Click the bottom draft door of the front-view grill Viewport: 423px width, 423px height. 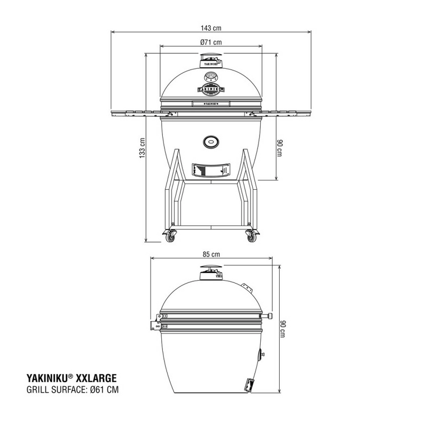(210, 170)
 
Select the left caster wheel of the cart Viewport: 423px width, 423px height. (170, 236)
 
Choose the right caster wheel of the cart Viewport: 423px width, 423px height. (250, 236)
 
